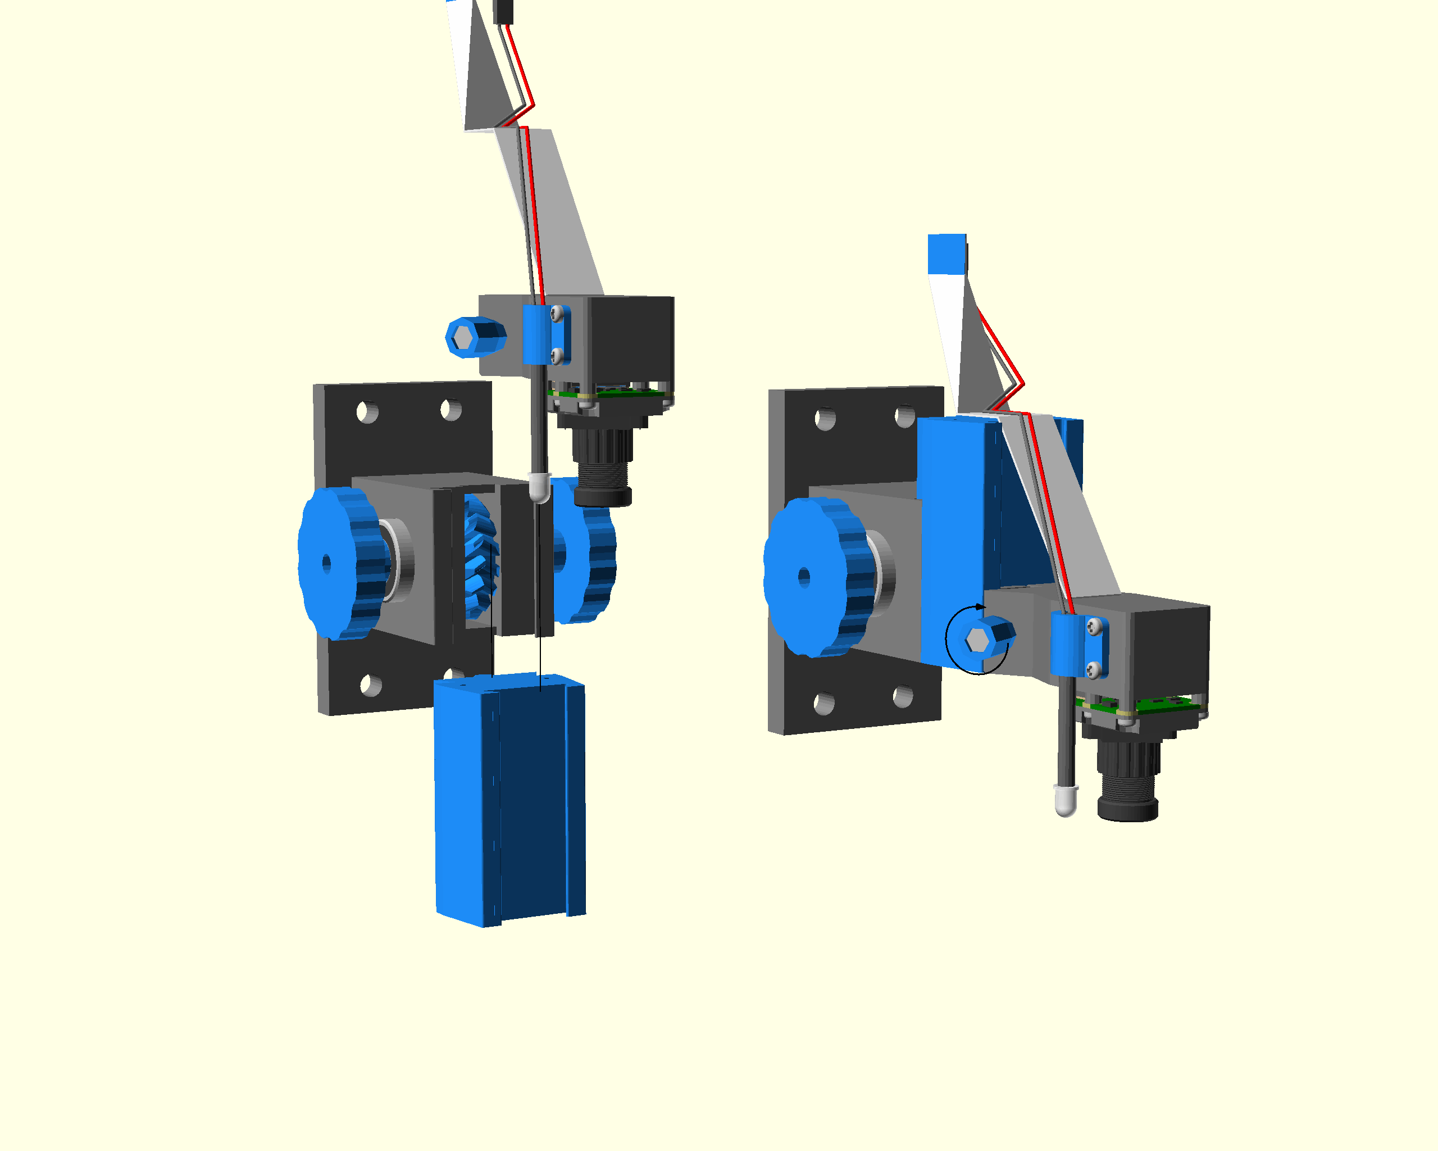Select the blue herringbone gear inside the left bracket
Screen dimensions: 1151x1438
point(480,557)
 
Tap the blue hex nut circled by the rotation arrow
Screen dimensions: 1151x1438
point(984,638)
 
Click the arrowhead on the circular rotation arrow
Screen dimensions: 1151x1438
point(980,606)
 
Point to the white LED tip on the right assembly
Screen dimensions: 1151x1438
point(1065,801)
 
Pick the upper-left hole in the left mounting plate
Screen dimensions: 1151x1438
point(367,413)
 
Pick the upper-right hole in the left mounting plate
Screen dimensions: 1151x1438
point(451,409)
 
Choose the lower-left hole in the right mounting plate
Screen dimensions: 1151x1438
point(825,703)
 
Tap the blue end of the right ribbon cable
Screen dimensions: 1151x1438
point(946,253)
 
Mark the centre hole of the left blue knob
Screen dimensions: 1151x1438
point(326,564)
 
